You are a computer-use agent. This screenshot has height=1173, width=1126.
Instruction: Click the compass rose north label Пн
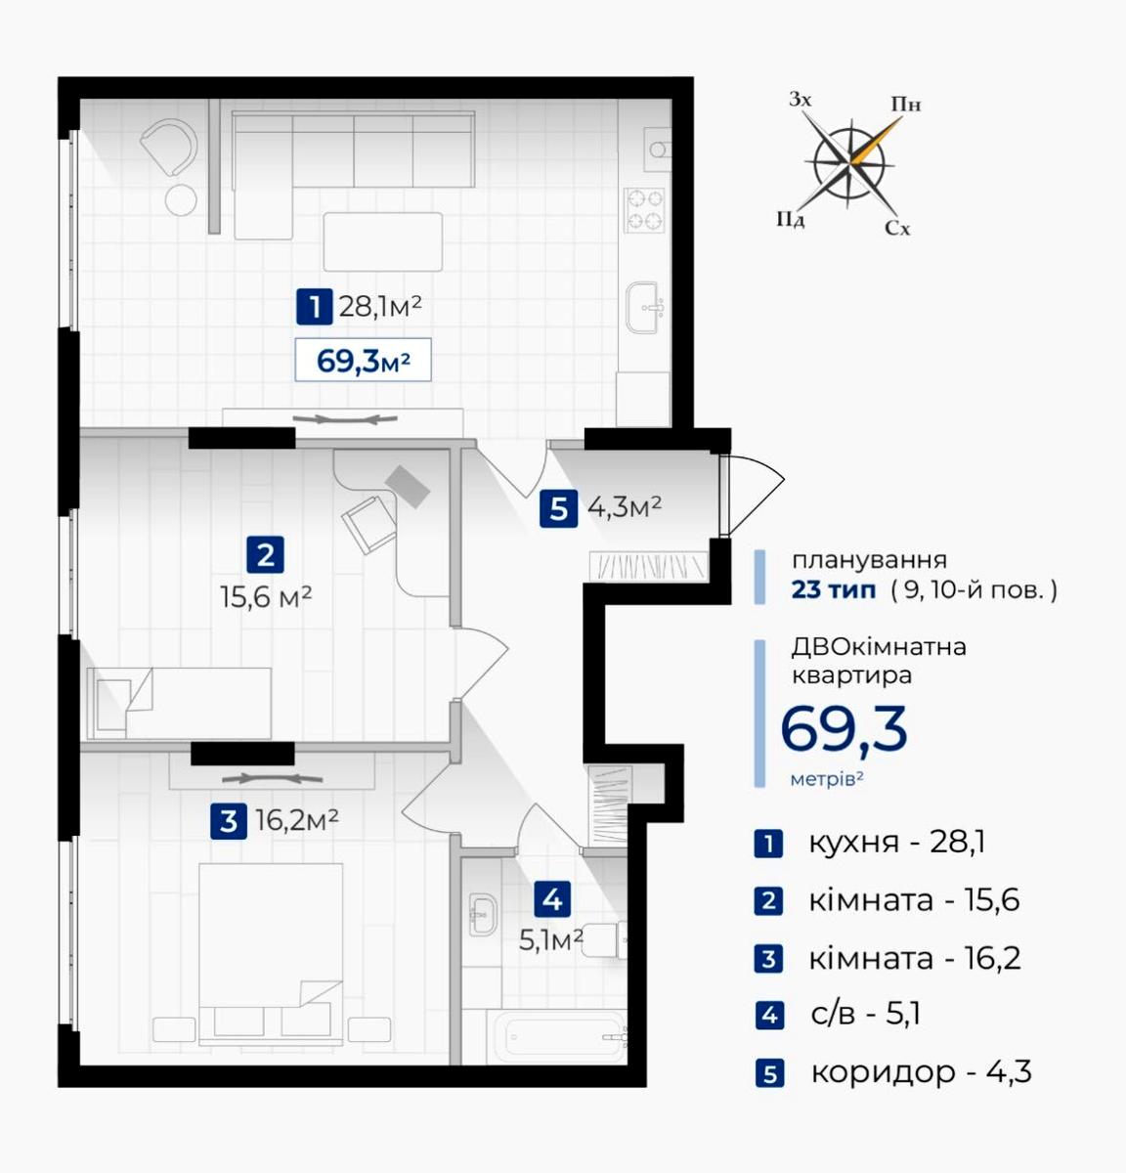[x=906, y=105]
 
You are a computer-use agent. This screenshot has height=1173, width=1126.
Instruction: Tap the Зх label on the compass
[x=800, y=100]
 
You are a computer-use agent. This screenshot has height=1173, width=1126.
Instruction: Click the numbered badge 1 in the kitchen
[x=314, y=307]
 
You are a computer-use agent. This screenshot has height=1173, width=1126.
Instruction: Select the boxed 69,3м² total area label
[x=363, y=360]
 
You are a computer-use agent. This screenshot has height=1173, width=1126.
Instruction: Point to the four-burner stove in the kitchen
[x=644, y=210]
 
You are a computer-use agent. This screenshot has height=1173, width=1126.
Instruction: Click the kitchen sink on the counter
[x=644, y=307]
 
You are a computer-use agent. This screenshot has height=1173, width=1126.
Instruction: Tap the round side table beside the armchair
[x=181, y=200]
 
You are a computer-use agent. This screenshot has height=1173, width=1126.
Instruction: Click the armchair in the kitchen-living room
[x=169, y=147]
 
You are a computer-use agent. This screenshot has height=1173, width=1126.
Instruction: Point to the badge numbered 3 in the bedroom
[x=229, y=821]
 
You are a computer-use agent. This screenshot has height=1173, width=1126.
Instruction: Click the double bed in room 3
[x=271, y=954]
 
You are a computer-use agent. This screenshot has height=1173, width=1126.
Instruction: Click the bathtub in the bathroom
[x=559, y=1037]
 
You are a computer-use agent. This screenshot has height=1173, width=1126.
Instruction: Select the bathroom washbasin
[x=483, y=914]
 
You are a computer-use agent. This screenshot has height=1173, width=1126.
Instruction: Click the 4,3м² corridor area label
[x=625, y=506]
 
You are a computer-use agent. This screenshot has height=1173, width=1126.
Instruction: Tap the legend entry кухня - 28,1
[x=897, y=842]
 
